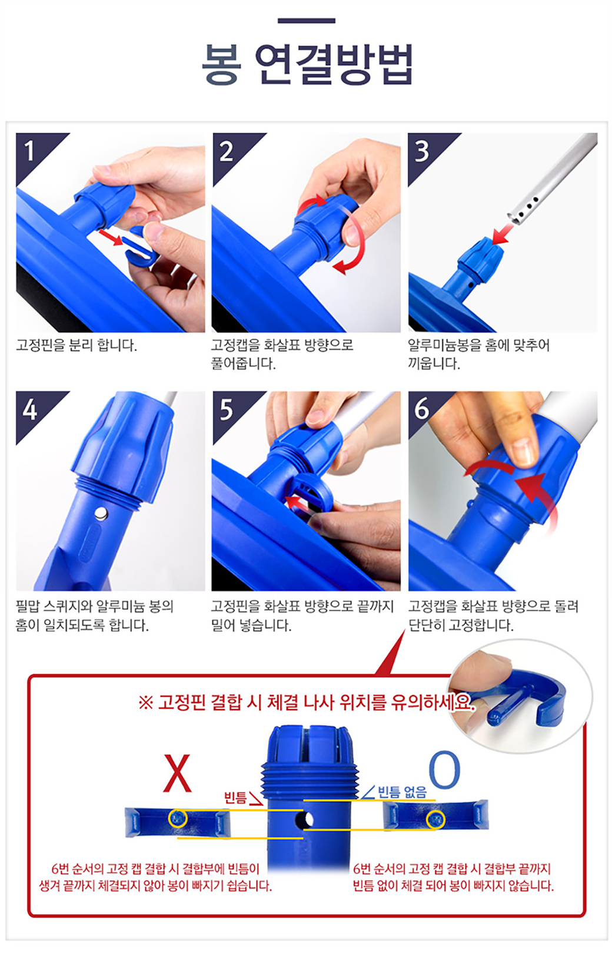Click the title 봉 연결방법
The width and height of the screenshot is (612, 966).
[x=307, y=64]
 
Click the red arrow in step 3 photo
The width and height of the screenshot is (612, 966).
[x=502, y=234]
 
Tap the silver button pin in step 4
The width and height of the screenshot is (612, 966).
[x=101, y=514]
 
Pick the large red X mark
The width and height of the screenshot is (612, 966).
[x=177, y=773]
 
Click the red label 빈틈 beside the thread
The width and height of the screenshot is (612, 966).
[x=235, y=798]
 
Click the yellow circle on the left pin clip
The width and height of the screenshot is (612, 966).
[x=178, y=818]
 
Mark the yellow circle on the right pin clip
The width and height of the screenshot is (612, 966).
[x=435, y=820]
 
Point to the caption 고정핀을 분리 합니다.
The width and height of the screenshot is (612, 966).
[x=76, y=345]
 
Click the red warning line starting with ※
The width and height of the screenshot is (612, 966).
[x=307, y=703]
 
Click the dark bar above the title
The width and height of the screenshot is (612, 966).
[x=307, y=21]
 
